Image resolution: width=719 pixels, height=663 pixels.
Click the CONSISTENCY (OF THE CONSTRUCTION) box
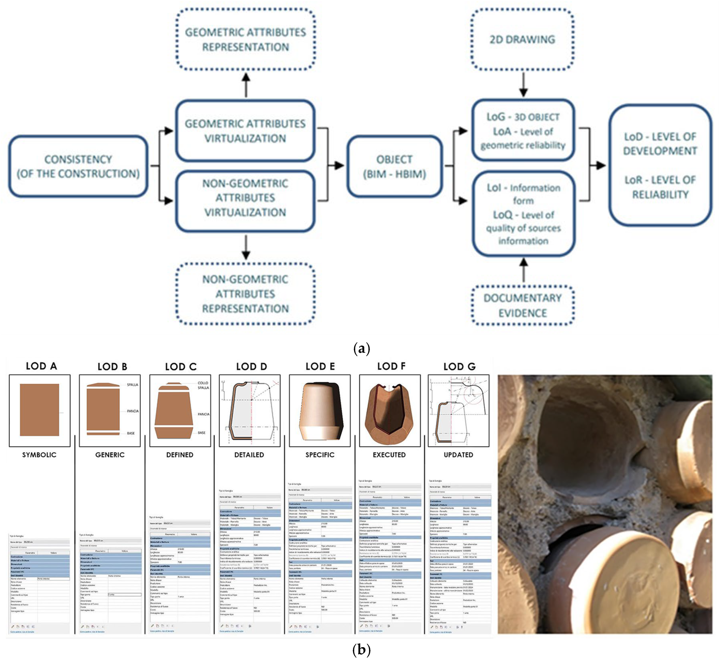78,166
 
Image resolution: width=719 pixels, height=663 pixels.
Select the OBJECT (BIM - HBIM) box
394,166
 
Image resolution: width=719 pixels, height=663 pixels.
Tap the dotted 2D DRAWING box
522,40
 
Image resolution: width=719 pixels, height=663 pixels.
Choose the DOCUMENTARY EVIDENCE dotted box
522,305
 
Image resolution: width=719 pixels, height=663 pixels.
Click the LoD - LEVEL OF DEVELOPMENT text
660,144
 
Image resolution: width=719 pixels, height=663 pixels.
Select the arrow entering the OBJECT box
337,165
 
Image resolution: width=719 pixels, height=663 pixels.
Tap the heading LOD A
41,366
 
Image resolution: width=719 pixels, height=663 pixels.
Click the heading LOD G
459,366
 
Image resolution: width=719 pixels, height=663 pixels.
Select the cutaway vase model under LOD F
389,413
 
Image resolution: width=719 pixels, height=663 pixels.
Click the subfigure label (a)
361,348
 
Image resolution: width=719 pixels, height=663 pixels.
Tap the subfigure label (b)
361,649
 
